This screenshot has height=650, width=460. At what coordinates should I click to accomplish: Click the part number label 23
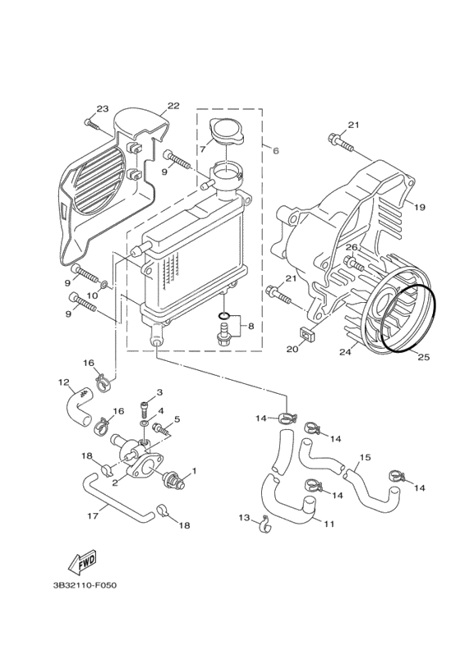(103, 109)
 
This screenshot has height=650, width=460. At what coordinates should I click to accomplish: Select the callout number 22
(173, 105)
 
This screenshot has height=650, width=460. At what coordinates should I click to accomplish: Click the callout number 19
(419, 207)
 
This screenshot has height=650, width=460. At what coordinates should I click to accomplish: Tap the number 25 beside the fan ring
(424, 356)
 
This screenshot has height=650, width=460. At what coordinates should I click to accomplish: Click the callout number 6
(275, 151)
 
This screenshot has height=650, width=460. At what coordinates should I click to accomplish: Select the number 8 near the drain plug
(251, 326)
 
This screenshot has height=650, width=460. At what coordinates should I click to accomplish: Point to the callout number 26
(351, 247)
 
